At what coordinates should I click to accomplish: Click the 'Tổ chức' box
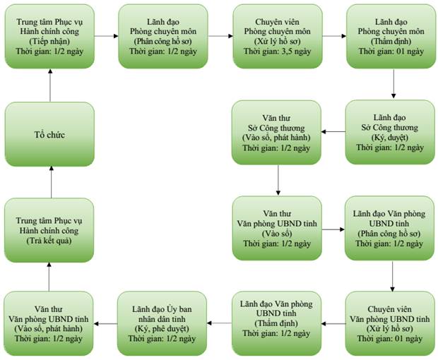coord(49,134)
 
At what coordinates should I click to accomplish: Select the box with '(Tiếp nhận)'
coord(49,36)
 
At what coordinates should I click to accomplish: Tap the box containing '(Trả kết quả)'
coord(49,230)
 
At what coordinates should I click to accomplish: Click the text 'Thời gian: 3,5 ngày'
coord(278,52)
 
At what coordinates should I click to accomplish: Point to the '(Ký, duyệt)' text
coord(390,138)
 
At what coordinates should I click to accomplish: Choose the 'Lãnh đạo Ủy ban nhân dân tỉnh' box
coord(162,323)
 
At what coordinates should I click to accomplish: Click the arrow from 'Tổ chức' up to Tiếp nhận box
coord(50,85)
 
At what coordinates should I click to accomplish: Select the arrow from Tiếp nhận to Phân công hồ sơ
coord(107,36)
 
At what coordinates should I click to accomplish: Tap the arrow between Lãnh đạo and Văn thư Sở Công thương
coord(333,132)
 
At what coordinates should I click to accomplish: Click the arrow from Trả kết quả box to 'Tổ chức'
coord(51,182)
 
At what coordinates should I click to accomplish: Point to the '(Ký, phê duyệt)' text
coord(162,328)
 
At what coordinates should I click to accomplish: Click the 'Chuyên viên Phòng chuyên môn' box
coord(278,36)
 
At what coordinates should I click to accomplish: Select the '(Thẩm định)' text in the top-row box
coord(391,42)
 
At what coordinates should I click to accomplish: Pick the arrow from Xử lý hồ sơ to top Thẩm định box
coord(334,36)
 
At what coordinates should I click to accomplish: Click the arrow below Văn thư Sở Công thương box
coord(278,180)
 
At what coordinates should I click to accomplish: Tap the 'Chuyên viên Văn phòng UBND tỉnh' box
coord(390,323)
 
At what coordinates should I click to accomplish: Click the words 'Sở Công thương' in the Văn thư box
coord(276,128)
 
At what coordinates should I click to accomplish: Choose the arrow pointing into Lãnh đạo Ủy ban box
coord(219,323)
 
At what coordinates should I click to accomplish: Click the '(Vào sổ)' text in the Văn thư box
coord(277,234)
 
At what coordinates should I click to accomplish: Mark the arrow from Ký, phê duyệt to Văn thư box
coord(105,324)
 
